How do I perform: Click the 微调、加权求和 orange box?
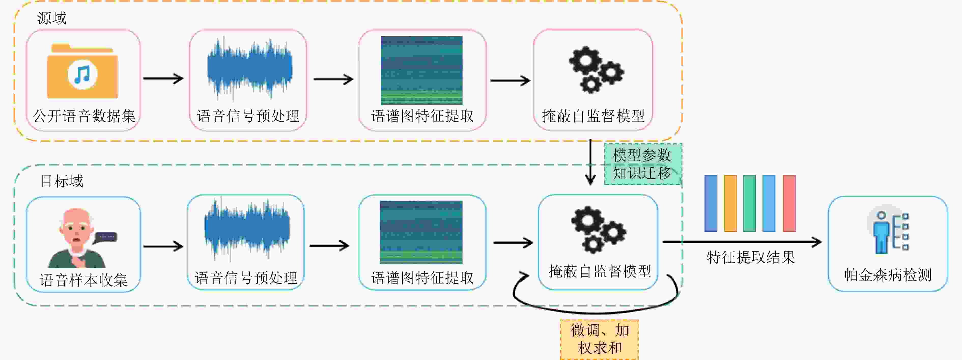[599, 339]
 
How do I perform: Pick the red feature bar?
[789, 203]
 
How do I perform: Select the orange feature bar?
[730, 203]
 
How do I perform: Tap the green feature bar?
[749, 203]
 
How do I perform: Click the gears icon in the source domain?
[596, 70]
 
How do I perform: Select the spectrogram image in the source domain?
[421, 70]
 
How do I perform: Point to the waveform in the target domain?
[247, 228]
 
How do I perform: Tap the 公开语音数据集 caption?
[84, 116]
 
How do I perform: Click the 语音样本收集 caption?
[84, 280]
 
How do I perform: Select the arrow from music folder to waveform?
[164, 78]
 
